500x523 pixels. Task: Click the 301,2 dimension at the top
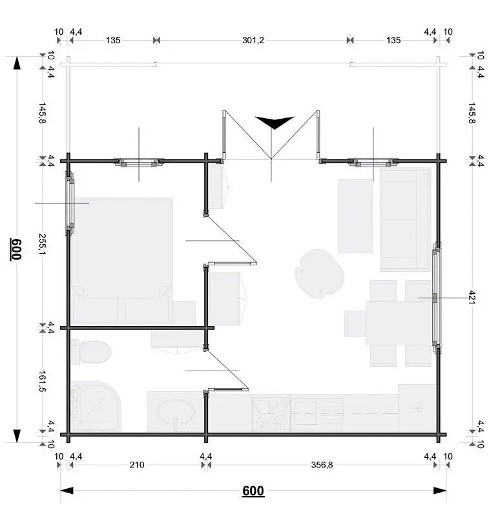coord(253,41)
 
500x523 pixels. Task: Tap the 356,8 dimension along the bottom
coord(322,465)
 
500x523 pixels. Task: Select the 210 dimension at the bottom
coord(137,465)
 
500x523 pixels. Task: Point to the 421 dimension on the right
coord(472,297)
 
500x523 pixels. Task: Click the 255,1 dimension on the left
coord(43,243)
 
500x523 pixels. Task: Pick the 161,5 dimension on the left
coord(43,381)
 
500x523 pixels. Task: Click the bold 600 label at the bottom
coord(253,491)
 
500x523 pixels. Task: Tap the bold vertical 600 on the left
coord(16,249)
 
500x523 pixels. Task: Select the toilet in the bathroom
coord(91,353)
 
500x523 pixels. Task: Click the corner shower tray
coord(96,406)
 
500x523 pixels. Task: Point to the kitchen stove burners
coord(272,414)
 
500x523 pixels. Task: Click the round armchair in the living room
coord(319,274)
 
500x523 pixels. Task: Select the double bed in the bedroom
coord(122,261)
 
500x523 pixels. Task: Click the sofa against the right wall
coord(406,220)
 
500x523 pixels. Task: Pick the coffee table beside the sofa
coord(355,216)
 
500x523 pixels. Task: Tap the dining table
coord(399,323)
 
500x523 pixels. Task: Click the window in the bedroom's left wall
coord(71,203)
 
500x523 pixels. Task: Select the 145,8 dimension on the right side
coord(472,113)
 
